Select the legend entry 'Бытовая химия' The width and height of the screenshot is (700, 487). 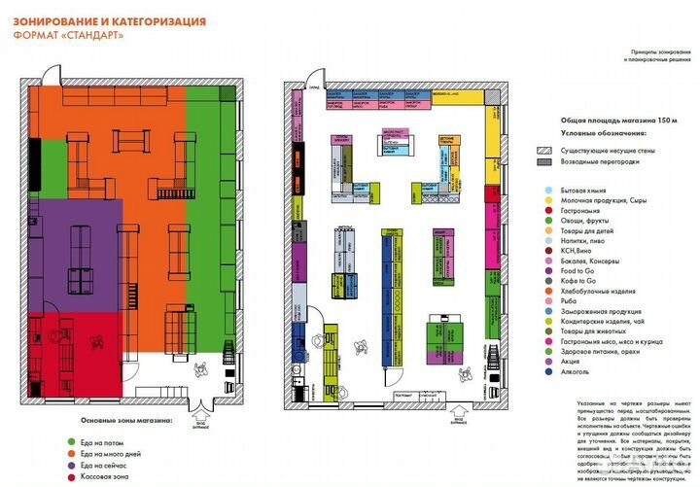tap(587, 191)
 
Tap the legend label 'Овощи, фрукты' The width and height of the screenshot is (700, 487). tap(588, 220)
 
